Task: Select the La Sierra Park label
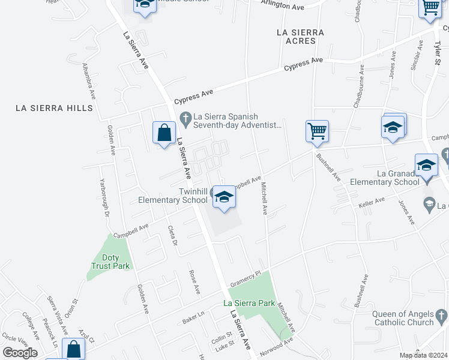click(x=249, y=304)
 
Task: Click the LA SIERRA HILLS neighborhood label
click(x=55, y=108)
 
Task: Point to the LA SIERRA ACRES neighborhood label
click(x=300, y=36)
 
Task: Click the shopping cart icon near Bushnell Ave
click(x=317, y=131)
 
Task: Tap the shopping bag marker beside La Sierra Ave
click(x=164, y=133)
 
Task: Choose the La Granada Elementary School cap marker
click(x=426, y=165)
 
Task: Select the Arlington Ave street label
click(x=283, y=5)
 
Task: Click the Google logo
click(x=20, y=353)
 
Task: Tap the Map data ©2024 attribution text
click(x=423, y=355)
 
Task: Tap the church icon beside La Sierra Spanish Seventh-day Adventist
click(x=185, y=117)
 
